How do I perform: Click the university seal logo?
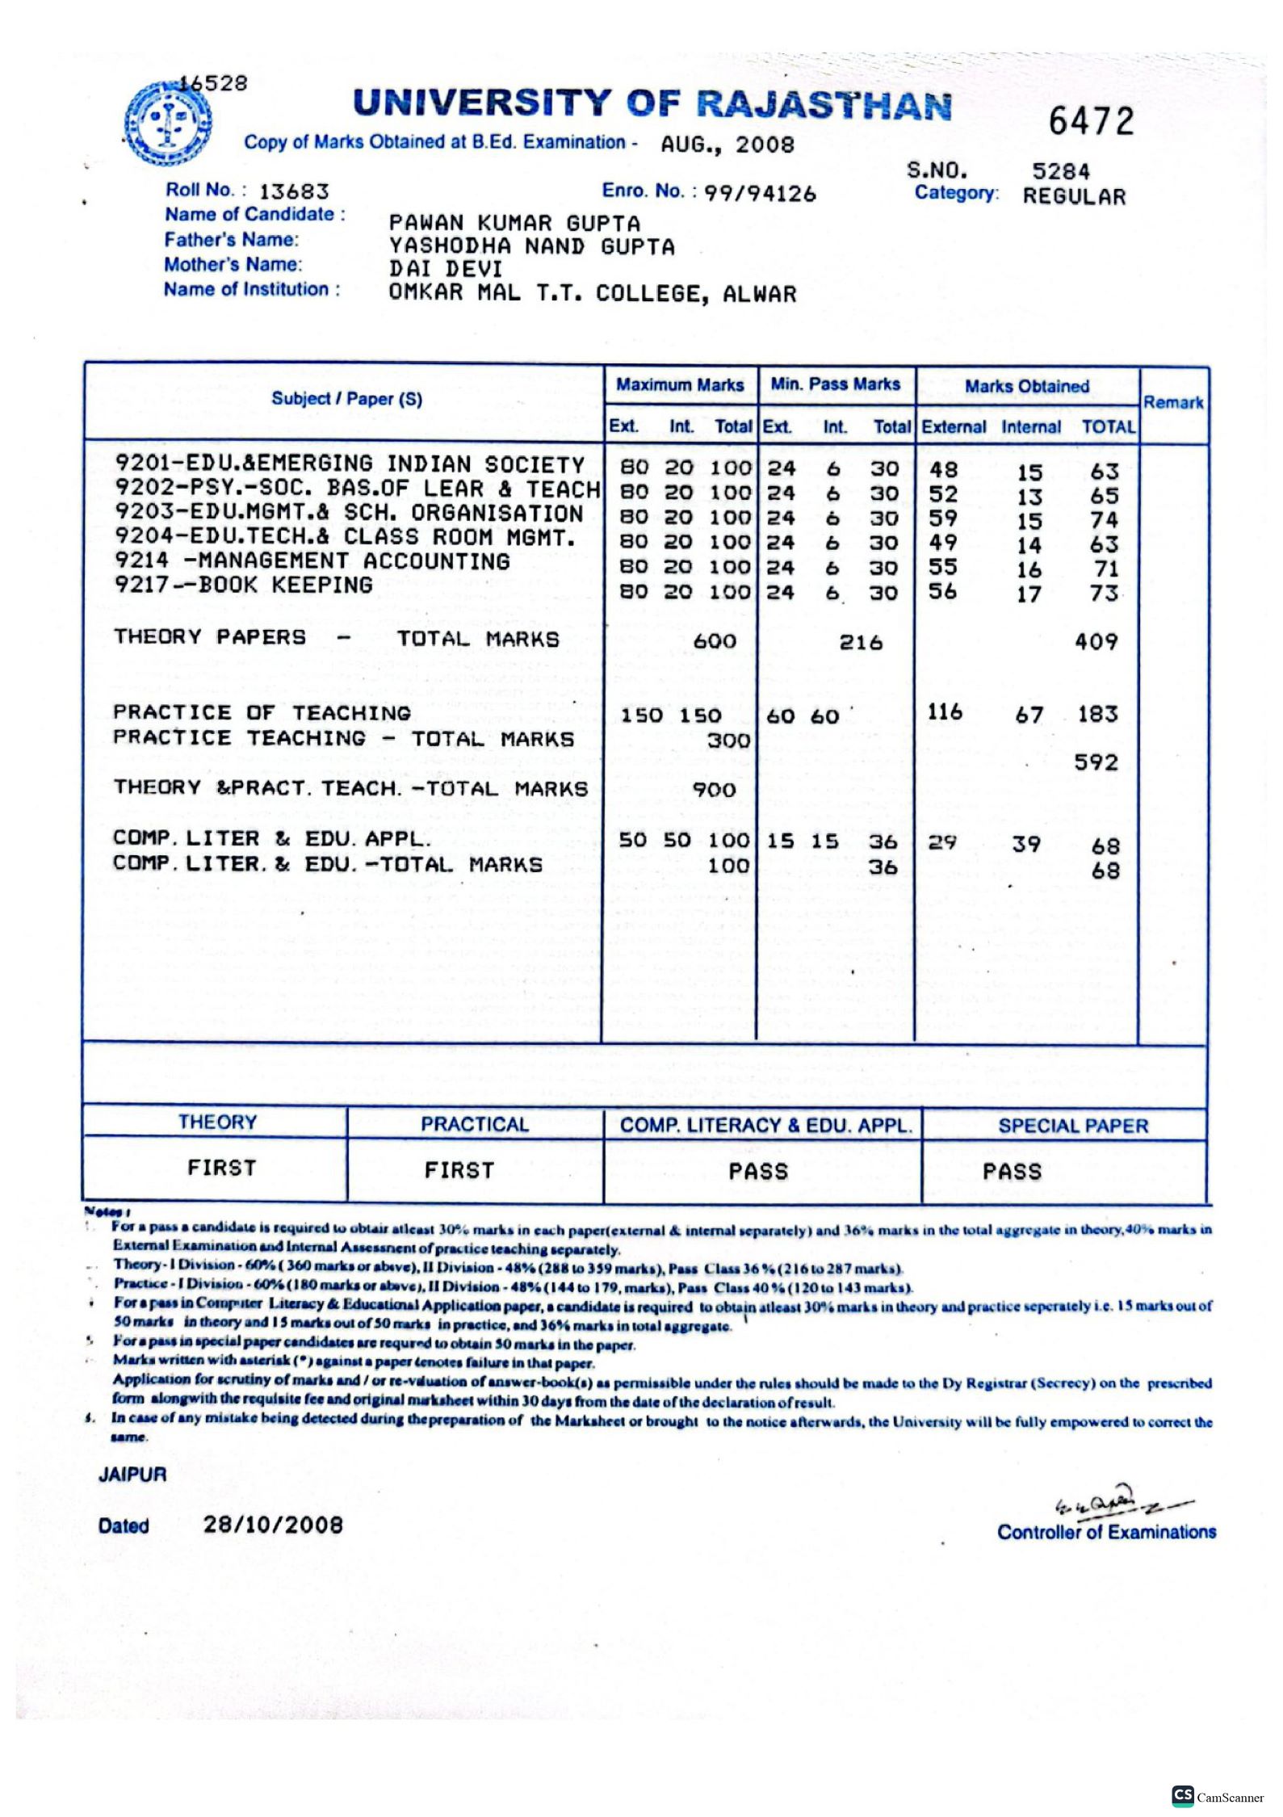click(x=167, y=123)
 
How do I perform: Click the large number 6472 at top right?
click(x=1091, y=122)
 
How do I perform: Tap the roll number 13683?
click(x=294, y=192)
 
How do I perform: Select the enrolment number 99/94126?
click(x=759, y=194)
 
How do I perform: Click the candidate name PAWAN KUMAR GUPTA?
click(x=514, y=223)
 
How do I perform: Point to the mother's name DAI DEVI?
click(x=445, y=270)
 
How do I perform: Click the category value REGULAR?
click(x=1073, y=197)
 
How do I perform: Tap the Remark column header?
click(x=1172, y=402)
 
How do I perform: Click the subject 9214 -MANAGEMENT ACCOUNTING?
click(x=312, y=561)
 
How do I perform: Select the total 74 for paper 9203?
click(x=1103, y=519)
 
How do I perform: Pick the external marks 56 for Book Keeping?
click(x=942, y=592)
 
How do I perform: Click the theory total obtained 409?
click(x=1096, y=642)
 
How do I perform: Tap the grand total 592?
click(x=1096, y=762)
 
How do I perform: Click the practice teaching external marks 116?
click(x=944, y=712)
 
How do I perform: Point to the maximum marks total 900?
click(x=714, y=789)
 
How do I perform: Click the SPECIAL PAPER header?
click(x=1072, y=1126)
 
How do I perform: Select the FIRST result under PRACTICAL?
click(x=459, y=1170)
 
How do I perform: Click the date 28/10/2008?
click(x=273, y=1525)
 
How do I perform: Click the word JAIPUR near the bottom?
click(x=132, y=1474)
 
